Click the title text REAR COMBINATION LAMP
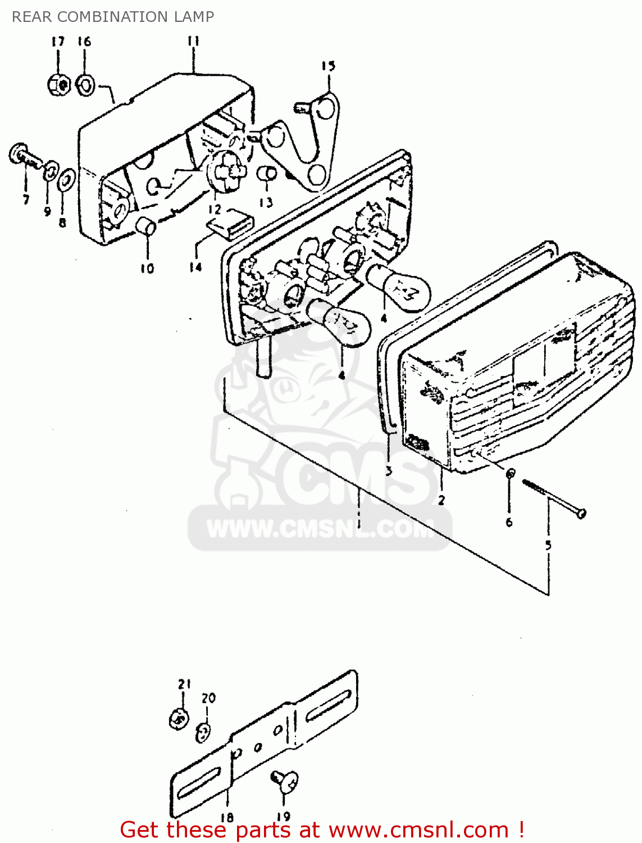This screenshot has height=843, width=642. coord(113,17)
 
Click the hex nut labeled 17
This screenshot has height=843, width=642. coord(58,85)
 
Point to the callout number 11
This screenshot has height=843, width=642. coord(193,41)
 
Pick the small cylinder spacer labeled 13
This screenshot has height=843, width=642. coord(266,174)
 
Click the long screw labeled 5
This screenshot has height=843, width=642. coord(553,497)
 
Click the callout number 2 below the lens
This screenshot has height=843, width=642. coord(441,500)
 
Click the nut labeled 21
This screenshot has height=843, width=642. coord(179,719)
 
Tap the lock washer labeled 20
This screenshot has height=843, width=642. coord(204,732)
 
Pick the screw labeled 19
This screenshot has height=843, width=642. coord(285,780)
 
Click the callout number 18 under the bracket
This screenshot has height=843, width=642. coord(227,818)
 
